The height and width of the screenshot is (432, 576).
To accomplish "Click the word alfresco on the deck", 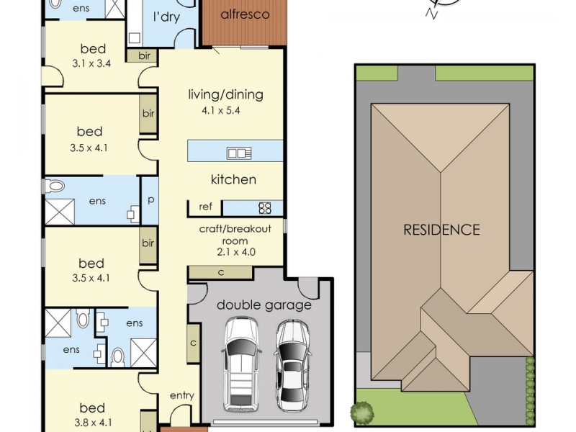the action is tap(245, 14).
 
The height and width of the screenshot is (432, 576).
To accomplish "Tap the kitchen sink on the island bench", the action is tap(239, 153).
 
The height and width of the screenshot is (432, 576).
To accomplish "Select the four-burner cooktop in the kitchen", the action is tap(265, 208).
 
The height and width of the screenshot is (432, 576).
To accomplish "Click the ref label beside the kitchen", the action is tap(205, 207).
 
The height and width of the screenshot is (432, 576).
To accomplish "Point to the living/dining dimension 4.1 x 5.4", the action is tap(221, 111).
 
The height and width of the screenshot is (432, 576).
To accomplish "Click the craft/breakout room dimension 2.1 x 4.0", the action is tap(236, 252).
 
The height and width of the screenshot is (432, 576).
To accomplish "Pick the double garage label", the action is tap(264, 305).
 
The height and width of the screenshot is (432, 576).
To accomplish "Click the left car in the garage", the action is tap(241, 364).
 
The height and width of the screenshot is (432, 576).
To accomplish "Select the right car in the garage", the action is tap(292, 366).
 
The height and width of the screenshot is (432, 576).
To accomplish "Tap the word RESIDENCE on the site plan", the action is tap(441, 230).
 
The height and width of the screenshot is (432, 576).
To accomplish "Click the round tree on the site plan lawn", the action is tap(362, 412).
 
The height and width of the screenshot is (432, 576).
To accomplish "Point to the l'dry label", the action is tap(166, 17).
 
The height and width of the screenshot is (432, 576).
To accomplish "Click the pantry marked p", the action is tap(150, 201).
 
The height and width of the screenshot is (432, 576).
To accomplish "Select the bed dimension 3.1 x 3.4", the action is tap(91, 63).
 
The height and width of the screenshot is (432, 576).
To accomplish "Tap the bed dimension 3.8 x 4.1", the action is tap(94, 423).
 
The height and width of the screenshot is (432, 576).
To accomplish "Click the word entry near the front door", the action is tap(182, 395).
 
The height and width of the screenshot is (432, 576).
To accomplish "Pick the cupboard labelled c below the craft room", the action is tap(221, 273).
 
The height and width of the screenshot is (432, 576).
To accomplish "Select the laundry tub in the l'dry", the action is tap(135, 38).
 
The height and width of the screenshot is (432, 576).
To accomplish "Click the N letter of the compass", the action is tap(431, 14).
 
